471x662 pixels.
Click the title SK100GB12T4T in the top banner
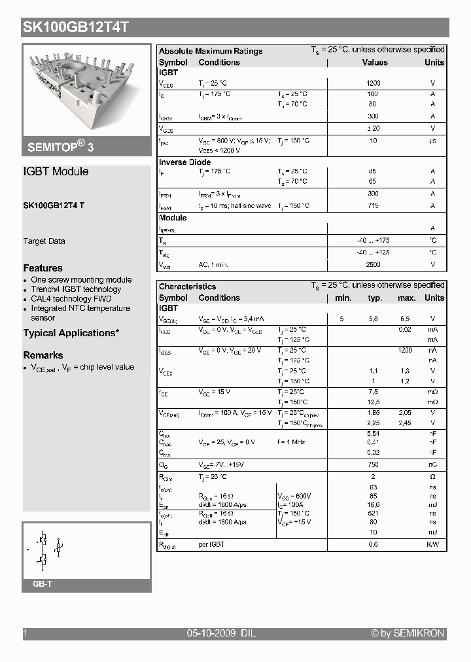tap(76, 27)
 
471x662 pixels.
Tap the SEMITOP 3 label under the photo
tap(60, 147)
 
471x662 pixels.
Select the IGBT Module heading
tap(56, 171)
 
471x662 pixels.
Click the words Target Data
tap(44, 241)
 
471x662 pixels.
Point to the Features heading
tap(43, 268)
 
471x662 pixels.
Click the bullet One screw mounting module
tap(81, 279)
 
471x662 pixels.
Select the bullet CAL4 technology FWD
tap(71, 299)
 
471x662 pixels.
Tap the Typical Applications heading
tap(71, 333)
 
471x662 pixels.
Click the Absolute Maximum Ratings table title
tap(211, 51)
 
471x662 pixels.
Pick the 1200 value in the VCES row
tap(373, 84)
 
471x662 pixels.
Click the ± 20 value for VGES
tap(373, 129)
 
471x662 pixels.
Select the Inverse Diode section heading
tap(185, 162)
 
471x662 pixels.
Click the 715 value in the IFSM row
tap(373, 206)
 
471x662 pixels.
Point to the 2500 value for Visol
tap(373, 265)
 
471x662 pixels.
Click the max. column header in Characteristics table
tap(406, 298)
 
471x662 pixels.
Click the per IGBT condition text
tap(211, 544)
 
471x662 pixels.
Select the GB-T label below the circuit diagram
tap(42, 584)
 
